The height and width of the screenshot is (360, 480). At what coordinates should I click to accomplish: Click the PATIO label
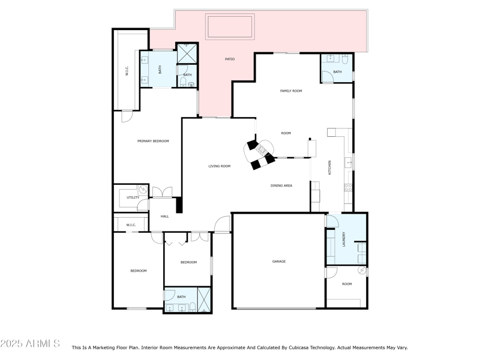(230, 59)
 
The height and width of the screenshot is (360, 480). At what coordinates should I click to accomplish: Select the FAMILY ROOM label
(291, 91)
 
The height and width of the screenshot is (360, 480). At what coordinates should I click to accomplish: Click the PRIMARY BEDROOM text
(153, 141)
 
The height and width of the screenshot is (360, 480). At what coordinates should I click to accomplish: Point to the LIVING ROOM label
(219, 166)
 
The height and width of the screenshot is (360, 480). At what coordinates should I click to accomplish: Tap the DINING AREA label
(281, 186)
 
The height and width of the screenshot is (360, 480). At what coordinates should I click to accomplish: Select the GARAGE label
(279, 262)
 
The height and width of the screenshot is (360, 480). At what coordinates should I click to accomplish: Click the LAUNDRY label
(343, 239)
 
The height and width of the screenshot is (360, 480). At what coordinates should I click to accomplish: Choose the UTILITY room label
(133, 197)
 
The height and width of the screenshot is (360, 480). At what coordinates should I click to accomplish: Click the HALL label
(164, 216)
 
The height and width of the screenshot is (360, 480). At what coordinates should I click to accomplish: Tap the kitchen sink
(348, 162)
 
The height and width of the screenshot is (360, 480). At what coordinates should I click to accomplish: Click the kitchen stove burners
(348, 187)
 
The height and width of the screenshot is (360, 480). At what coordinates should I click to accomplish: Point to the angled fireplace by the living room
(261, 154)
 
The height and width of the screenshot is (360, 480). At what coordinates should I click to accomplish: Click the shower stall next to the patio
(187, 54)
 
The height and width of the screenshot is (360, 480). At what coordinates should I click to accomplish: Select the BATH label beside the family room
(337, 72)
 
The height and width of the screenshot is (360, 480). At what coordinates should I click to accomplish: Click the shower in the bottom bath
(203, 301)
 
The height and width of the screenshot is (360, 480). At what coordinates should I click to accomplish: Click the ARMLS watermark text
(30, 344)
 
